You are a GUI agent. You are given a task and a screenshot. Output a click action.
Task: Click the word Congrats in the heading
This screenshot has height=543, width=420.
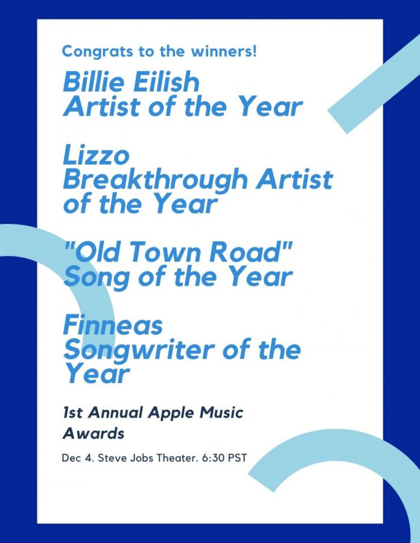click(x=97, y=52)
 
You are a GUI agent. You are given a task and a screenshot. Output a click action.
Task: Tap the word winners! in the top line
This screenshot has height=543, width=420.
click(x=224, y=51)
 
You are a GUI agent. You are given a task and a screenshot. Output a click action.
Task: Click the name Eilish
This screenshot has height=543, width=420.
click(x=167, y=81)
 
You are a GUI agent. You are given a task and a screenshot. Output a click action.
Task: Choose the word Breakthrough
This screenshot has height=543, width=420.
click(x=155, y=180)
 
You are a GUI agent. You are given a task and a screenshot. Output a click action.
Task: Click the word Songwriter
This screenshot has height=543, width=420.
click(x=137, y=351)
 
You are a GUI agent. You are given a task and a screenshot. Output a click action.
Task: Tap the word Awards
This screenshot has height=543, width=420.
click(x=94, y=433)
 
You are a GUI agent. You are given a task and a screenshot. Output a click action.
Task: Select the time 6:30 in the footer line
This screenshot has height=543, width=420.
click(x=214, y=458)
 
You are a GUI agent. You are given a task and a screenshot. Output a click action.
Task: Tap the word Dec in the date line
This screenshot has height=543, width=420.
click(x=70, y=458)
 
